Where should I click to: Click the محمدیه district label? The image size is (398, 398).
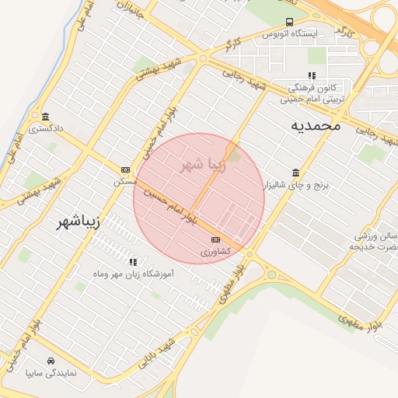pos(316,125)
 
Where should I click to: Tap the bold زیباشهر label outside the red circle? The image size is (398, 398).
pos(79,222)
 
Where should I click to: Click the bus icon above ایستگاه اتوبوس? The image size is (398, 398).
pos(289,22)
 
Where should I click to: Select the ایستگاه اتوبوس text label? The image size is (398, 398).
pos(290,34)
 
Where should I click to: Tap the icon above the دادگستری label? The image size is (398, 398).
pos(46,116)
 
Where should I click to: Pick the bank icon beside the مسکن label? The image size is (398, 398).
pos(125,169)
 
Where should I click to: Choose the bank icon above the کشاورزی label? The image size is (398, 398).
pos(215,239)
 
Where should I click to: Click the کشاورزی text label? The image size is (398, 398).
pos(215,252)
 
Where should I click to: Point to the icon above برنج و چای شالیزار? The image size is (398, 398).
pos(295,173)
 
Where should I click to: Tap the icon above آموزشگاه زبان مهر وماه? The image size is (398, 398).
pos(133,262)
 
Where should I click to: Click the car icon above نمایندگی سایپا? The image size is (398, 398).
pos(51,361)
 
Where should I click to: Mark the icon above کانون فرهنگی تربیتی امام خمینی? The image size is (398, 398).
pos(312,75)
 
